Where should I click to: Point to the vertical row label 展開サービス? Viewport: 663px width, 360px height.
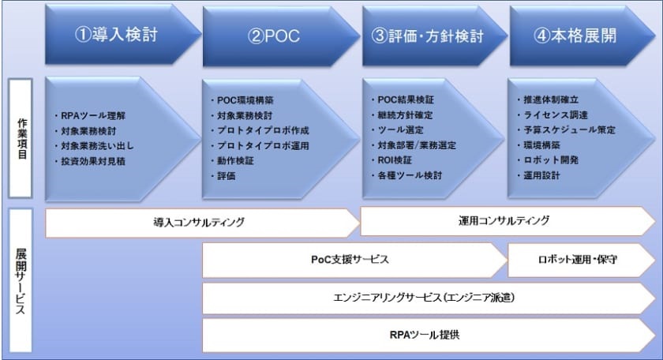22,281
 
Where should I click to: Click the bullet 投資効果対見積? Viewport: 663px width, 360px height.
93,161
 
